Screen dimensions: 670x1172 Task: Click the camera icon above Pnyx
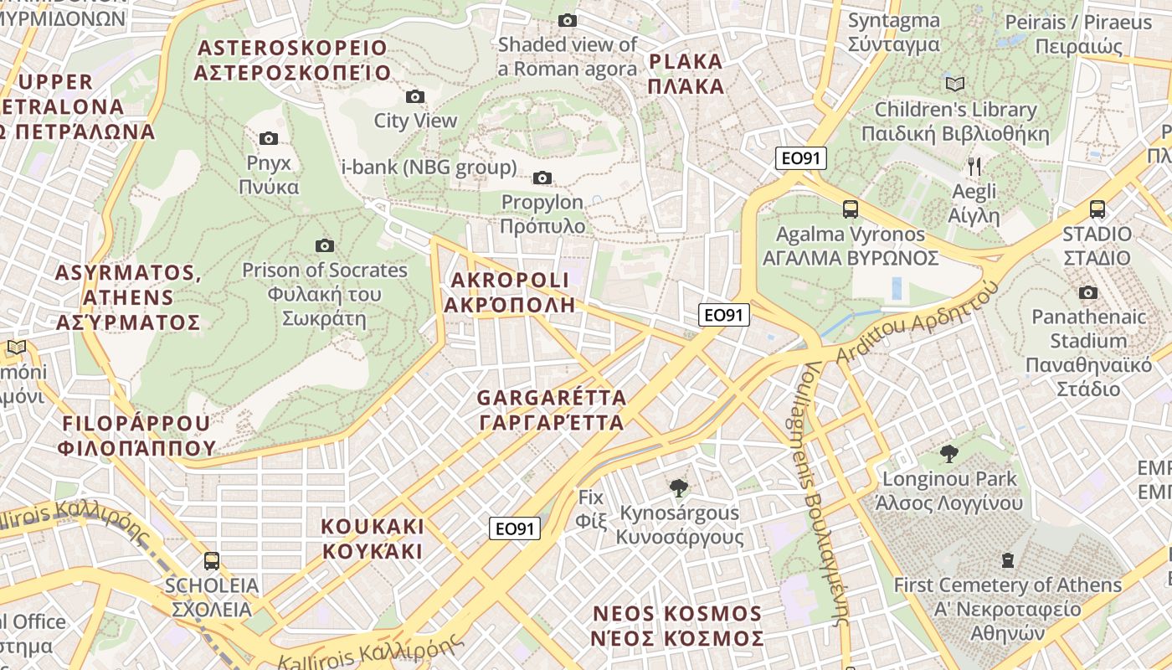(269, 138)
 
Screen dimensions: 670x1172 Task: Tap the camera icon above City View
(414, 97)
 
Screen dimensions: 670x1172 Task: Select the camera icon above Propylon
(542, 178)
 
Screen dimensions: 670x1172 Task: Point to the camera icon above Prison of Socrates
(325, 245)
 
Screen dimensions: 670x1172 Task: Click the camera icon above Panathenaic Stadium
(1088, 292)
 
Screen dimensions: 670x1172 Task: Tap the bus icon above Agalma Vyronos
(851, 209)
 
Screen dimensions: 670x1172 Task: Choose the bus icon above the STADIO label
(1097, 209)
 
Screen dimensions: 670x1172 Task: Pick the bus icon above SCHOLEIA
(212, 560)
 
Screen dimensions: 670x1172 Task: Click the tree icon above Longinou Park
(948, 454)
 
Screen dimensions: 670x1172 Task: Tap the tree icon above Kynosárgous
(679, 487)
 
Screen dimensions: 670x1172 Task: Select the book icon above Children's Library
(955, 84)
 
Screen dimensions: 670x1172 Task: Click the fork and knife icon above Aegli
(974, 166)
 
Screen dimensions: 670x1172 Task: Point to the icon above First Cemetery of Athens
(1008, 559)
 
